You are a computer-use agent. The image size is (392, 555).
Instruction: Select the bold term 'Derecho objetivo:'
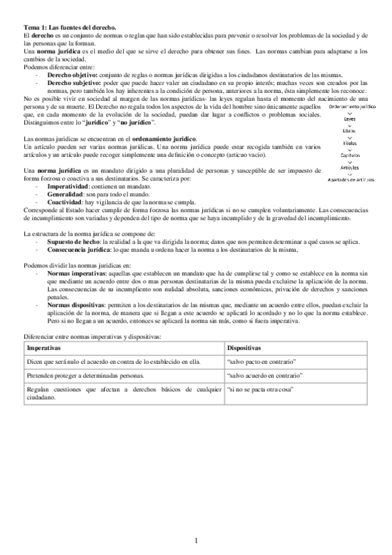coord(73,76)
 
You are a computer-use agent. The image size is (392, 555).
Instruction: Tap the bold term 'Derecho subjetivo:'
coord(74,83)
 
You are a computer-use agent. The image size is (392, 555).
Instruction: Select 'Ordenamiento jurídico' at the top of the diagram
coord(351,106)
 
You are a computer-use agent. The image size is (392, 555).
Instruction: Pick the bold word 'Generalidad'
coord(70,194)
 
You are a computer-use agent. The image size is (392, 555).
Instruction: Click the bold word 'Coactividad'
coord(69,202)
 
